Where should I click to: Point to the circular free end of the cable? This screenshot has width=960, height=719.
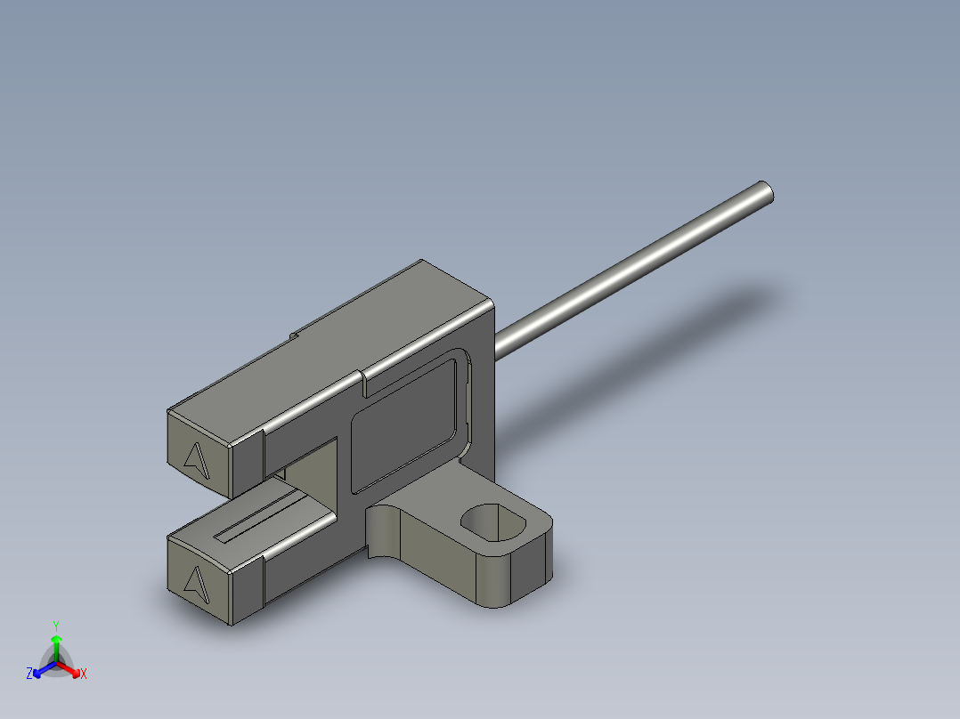(x=765, y=193)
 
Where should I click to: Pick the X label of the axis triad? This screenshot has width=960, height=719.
(x=83, y=675)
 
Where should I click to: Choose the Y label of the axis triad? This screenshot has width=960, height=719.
(x=56, y=626)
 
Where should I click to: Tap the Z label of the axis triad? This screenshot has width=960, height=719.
(x=29, y=674)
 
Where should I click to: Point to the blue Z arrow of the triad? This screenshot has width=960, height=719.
(x=41, y=670)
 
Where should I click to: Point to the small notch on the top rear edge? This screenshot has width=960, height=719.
(x=293, y=336)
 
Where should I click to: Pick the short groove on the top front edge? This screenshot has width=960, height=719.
(x=365, y=384)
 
